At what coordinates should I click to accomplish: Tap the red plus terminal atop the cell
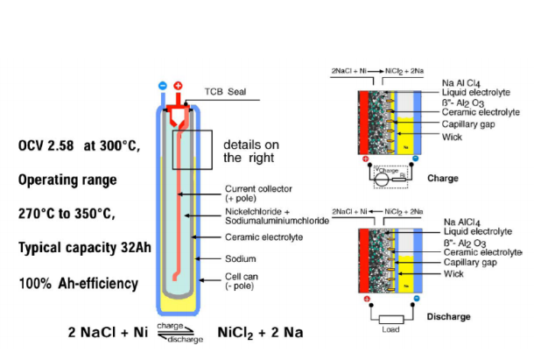click(x=179, y=86)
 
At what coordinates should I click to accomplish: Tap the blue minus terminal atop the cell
click(x=162, y=86)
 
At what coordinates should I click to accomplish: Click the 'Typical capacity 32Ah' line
click(x=85, y=248)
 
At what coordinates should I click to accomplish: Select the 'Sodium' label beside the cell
click(x=241, y=259)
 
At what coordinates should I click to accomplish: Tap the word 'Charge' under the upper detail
click(x=443, y=177)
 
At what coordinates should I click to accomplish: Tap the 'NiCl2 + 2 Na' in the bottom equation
click(x=260, y=332)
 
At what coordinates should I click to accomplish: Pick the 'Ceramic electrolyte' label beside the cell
click(x=263, y=237)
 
